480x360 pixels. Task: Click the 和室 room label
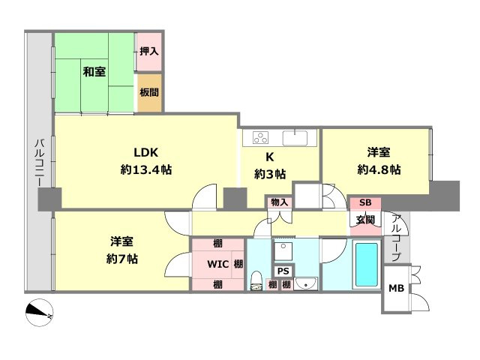pyautogui.click(x=94, y=72)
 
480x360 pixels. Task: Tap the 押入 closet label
pyautogui.click(x=148, y=52)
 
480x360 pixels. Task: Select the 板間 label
pyautogui.click(x=148, y=93)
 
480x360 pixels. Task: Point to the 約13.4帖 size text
pyautogui.click(x=147, y=170)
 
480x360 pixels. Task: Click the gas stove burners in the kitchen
pyautogui.click(x=261, y=138)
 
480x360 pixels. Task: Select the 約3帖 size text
pyautogui.click(x=269, y=174)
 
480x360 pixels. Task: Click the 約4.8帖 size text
pyautogui.click(x=379, y=169)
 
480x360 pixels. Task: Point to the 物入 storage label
pyautogui.click(x=279, y=202)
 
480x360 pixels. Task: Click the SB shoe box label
pyautogui.click(x=365, y=202)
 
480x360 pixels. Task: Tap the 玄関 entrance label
pyautogui.click(x=365, y=220)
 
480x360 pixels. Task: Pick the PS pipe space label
pyautogui.click(x=283, y=271)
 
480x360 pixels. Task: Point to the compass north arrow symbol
pyautogui.click(x=38, y=313)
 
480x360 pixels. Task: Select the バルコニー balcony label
pyautogui.click(x=38, y=165)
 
